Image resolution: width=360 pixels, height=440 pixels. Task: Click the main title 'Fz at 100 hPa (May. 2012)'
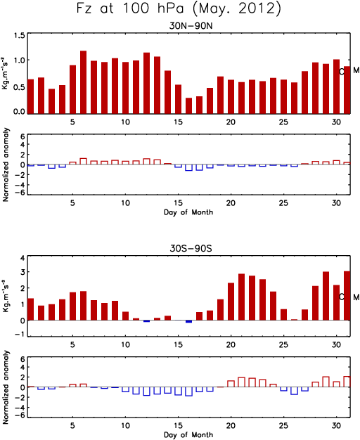(179, 9)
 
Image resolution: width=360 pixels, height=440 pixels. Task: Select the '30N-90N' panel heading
(191, 26)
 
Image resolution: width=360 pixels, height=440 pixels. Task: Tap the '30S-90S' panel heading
(191, 248)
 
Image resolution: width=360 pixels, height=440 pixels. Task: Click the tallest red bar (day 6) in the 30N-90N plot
(84, 82)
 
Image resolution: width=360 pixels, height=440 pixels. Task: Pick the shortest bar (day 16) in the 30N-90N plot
(188, 106)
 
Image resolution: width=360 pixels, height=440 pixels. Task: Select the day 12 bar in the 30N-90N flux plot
(146, 83)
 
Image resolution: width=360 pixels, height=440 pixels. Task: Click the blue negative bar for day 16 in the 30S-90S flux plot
(188, 322)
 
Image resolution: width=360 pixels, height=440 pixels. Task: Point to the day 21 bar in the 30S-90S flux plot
(241, 297)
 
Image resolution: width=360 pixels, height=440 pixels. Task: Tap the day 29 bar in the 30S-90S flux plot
(326, 296)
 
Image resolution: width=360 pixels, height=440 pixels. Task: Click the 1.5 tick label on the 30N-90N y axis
(20, 36)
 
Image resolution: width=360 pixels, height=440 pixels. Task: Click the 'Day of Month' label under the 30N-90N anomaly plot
(188, 212)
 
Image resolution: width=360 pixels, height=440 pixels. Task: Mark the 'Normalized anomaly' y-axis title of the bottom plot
(6, 387)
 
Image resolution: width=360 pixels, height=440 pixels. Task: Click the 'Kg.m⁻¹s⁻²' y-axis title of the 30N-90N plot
(5, 73)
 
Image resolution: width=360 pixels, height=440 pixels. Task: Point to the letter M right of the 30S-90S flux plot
(356, 297)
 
